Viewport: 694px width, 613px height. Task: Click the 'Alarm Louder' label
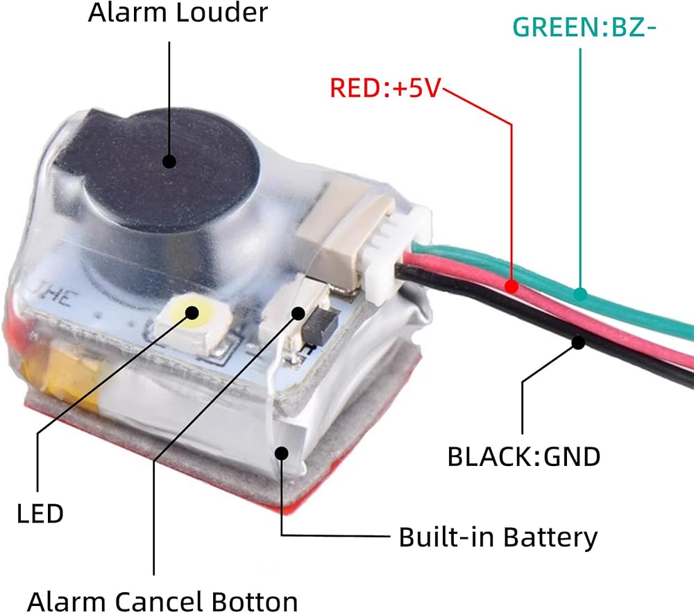click(178, 13)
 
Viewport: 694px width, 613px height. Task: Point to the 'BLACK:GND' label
click(524, 457)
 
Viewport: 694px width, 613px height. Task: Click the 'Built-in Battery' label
click(498, 537)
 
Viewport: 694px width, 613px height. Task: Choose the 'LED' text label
click(40, 514)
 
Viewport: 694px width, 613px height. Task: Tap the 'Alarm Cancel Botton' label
click(163, 601)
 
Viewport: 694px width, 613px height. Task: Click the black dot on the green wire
click(581, 295)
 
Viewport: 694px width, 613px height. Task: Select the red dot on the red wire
click(512, 285)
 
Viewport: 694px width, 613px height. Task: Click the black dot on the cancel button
click(298, 312)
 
